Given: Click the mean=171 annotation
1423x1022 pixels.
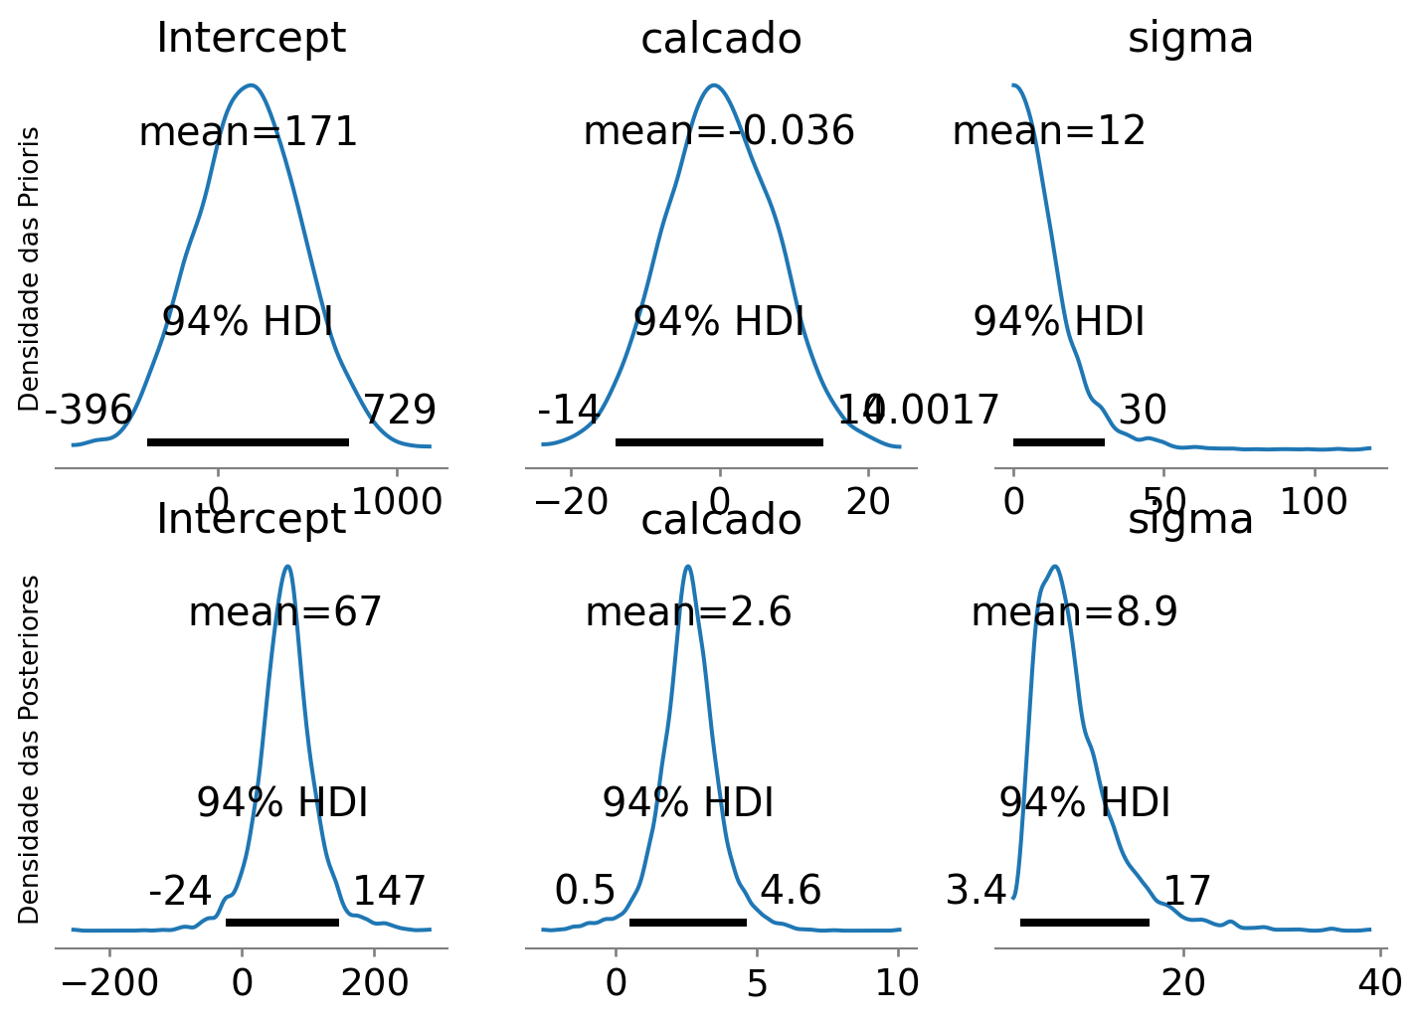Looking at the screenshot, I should [x=248, y=132].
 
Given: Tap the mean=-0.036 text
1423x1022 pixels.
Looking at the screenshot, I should [x=718, y=131].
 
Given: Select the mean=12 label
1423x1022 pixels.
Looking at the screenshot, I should [x=1049, y=131].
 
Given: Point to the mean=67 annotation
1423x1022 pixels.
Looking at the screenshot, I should [x=284, y=612].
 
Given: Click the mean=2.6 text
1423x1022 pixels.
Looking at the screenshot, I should [x=688, y=612].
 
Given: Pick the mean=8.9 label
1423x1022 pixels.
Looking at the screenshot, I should [x=1074, y=612].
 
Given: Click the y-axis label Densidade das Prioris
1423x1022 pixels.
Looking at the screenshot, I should [x=30, y=268].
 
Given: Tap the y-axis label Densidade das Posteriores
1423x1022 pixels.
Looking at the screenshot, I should [x=30, y=750].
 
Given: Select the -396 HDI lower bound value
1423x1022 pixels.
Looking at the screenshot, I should [x=89, y=410].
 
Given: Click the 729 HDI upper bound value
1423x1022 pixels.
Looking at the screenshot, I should [x=399, y=410].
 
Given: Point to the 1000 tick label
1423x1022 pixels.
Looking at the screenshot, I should [x=398, y=502].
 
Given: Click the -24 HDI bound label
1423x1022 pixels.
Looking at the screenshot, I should [x=180, y=891].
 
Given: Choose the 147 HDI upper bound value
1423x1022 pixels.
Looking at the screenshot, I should [x=390, y=891].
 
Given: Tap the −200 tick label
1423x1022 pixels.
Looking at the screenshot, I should [x=109, y=983].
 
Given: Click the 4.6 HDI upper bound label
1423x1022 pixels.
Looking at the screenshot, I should [x=791, y=891].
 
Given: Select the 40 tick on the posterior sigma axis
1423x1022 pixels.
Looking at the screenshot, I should [x=1379, y=983].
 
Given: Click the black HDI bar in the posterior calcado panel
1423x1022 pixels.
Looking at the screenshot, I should [x=688, y=923].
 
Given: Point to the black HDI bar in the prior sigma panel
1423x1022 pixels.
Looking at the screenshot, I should [x=1058, y=441].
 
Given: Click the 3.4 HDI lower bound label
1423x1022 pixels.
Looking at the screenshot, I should [x=977, y=891].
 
